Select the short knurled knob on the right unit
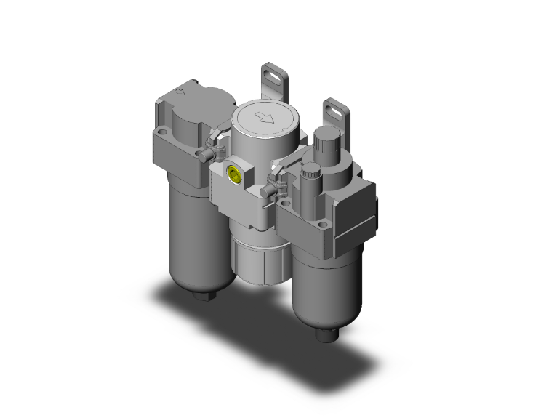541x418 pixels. pos(310,174)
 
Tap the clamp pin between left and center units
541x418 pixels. pos(214,153)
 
